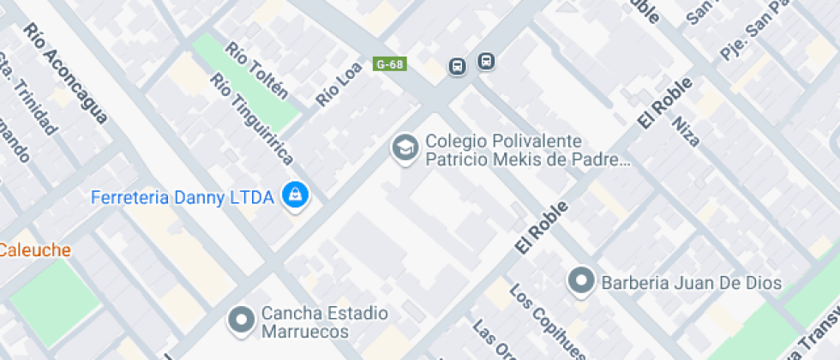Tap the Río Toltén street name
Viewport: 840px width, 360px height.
click(x=256, y=70)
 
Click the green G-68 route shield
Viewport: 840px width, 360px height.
click(x=390, y=64)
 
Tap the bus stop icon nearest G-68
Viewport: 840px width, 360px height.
click(x=458, y=66)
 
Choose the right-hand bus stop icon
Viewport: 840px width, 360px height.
click(x=486, y=62)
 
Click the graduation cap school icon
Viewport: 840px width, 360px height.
click(x=404, y=148)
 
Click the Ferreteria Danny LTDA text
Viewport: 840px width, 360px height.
click(x=182, y=198)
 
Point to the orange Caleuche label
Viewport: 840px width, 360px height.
click(x=34, y=250)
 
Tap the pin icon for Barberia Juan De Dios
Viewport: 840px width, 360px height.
click(x=582, y=280)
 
